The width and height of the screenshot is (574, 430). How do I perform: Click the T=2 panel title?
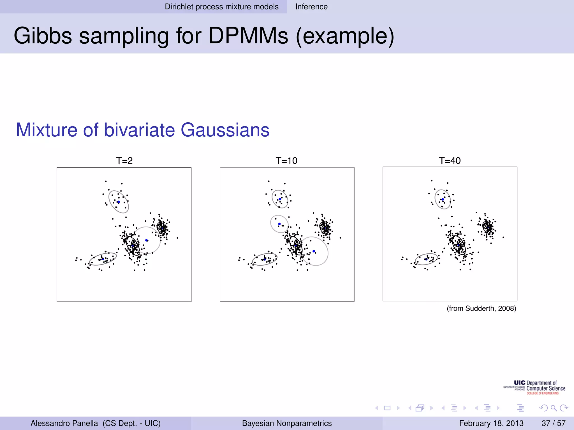tap(124, 161)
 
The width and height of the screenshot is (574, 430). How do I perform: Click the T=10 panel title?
tap(286, 161)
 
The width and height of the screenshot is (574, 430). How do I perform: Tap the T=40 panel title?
tap(450, 161)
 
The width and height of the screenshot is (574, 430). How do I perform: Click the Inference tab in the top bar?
tap(311, 7)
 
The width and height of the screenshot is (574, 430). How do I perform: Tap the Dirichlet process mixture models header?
tap(221, 7)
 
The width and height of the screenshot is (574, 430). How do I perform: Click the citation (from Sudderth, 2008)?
tap(481, 309)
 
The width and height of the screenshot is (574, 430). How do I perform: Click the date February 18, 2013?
tap(491, 423)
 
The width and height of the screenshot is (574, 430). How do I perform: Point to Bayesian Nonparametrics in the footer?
tap(287, 423)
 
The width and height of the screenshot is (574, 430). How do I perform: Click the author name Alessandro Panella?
tap(64, 423)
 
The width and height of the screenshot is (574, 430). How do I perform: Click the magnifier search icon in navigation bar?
tap(554, 408)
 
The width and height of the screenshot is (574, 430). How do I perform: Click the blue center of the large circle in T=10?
tap(314, 251)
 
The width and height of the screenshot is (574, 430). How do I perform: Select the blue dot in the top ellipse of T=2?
tap(119, 202)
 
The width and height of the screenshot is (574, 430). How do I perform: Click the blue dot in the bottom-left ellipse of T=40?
tap(426, 259)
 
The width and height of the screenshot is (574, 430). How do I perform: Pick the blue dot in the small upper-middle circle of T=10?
tap(279, 224)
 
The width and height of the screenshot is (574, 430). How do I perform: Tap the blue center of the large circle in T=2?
tap(146, 240)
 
